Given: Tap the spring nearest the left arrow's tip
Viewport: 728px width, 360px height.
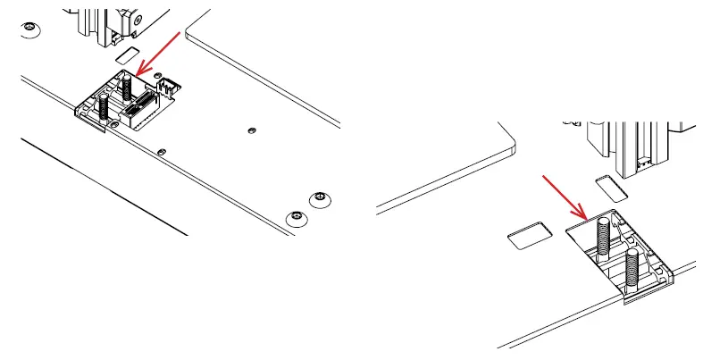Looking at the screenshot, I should pyautogui.click(x=128, y=86).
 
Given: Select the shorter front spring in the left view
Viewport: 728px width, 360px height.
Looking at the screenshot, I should pyautogui.click(x=104, y=107).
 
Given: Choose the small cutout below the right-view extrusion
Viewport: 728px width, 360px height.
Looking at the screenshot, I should pyautogui.click(x=611, y=187).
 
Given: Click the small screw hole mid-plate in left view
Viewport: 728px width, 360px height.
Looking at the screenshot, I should pyautogui.click(x=251, y=130).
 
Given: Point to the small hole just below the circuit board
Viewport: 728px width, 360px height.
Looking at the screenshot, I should pyautogui.click(x=161, y=151).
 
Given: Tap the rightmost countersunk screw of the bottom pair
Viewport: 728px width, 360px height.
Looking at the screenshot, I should pyautogui.click(x=319, y=197).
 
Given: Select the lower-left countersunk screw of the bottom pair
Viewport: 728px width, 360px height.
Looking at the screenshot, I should pyautogui.click(x=296, y=217).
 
